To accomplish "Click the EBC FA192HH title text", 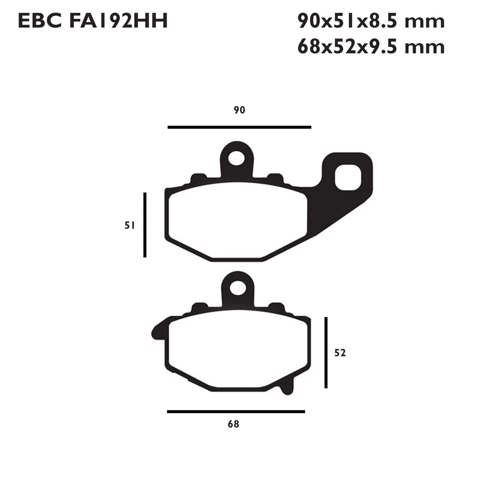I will [x=93, y=21].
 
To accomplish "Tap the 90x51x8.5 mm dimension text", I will [x=370, y=21].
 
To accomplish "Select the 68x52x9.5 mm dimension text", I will [x=370, y=46].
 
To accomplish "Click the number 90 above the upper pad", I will [x=239, y=110].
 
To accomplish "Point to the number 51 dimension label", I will [x=130, y=226].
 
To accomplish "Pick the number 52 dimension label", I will [x=340, y=353].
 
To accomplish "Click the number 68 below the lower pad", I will [x=233, y=425].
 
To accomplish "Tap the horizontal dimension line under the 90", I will [x=239, y=127].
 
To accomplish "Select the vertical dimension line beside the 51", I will [x=145, y=225].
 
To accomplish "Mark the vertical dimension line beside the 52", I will [x=326, y=352].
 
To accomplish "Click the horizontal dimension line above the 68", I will [x=236, y=412].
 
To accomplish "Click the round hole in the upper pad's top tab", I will [x=237, y=158].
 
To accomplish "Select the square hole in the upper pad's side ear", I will [x=347, y=179].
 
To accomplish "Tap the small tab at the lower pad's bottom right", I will [x=287, y=387].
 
